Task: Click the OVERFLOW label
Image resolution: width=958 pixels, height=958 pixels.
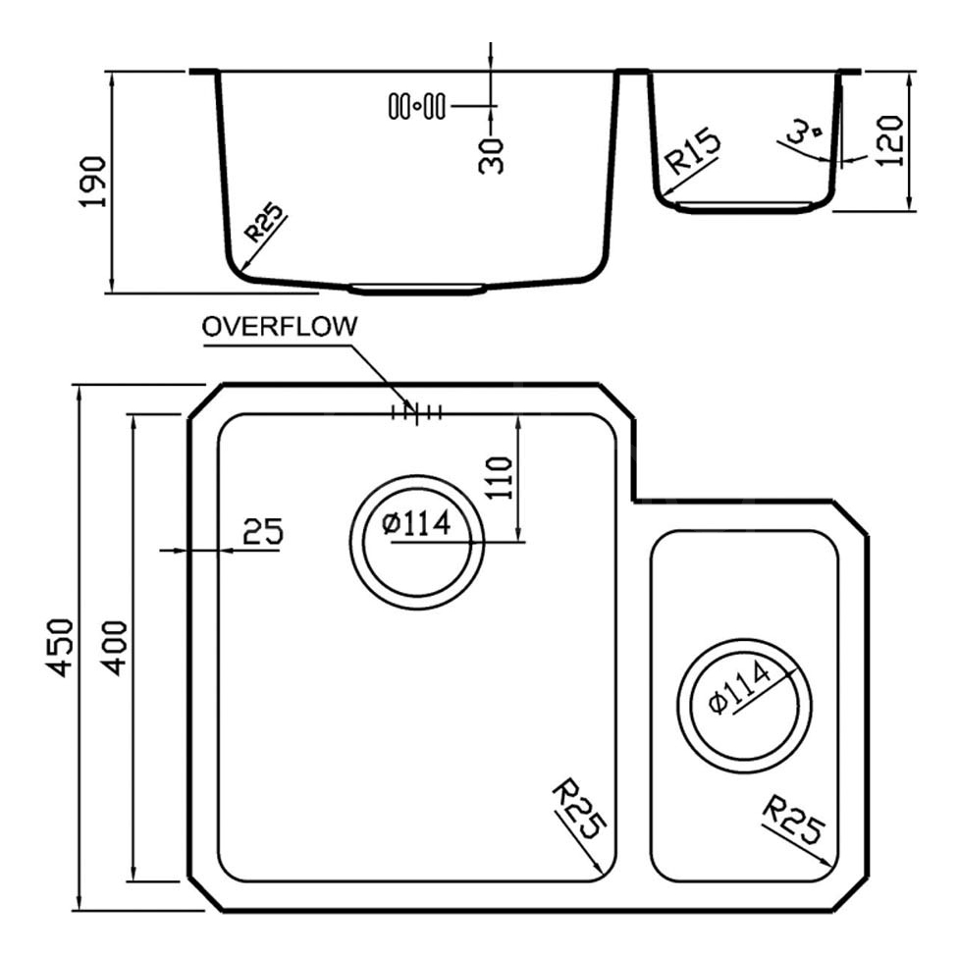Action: [x=279, y=326]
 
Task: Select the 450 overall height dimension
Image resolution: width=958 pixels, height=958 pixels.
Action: [x=61, y=648]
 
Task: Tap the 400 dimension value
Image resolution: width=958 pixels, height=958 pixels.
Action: [x=114, y=648]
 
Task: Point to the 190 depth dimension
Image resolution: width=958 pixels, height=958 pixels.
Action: [x=94, y=182]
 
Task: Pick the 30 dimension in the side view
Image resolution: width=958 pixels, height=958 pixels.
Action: [x=491, y=156]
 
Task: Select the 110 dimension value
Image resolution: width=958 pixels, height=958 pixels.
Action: [x=500, y=478]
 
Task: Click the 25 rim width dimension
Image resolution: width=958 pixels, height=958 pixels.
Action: [x=263, y=531]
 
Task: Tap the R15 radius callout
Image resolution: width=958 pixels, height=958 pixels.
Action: [x=692, y=152]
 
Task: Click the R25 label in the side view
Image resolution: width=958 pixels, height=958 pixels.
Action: [x=264, y=223]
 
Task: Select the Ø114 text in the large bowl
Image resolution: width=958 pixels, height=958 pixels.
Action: [x=416, y=523]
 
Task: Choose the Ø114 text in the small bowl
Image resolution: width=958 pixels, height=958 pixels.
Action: [x=739, y=688]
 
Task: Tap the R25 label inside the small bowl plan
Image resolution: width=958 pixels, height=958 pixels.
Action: [x=793, y=820]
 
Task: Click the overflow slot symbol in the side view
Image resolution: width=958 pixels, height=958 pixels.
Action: [x=417, y=106]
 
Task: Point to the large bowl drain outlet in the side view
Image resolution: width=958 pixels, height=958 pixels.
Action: [x=417, y=289]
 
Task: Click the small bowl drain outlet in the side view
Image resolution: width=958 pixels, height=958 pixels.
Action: [x=745, y=206]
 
